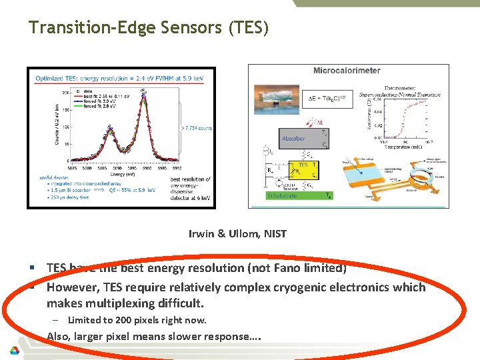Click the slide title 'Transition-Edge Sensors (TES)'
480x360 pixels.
(x=149, y=28)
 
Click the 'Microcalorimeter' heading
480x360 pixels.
(x=347, y=70)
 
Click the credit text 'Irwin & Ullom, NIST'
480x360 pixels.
(x=238, y=233)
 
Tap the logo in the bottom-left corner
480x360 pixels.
(x=14, y=349)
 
